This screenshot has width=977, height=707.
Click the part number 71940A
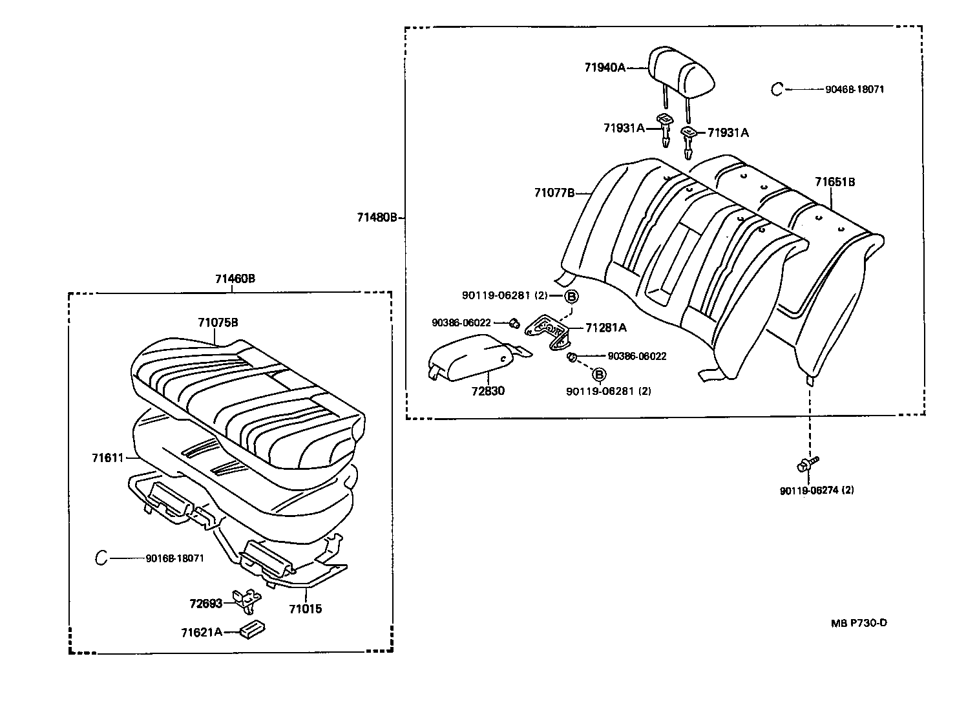click(x=605, y=67)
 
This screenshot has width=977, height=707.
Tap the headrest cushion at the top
click(x=681, y=71)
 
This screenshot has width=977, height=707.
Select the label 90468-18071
click(x=854, y=89)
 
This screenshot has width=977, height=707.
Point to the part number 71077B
click(x=554, y=193)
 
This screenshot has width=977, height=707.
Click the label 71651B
click(x=834, y=182)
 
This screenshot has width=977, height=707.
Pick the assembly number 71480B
click(x=377, y=218)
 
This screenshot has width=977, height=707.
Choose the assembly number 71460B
click(x=235, y=279)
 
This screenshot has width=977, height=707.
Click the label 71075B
click(x=218, y=322)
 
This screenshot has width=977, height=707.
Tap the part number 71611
click(x=107, y=458)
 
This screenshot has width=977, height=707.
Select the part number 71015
click(x=305, y=609)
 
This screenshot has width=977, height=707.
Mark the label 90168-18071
click(x=174, y=558)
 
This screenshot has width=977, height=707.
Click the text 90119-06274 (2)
click(x=817, y=491)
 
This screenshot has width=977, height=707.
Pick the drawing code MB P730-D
click(x=859, y=623)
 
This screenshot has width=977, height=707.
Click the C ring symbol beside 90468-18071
click(x=777, y=89)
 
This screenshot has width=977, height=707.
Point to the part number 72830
click(x=488, y=391)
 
